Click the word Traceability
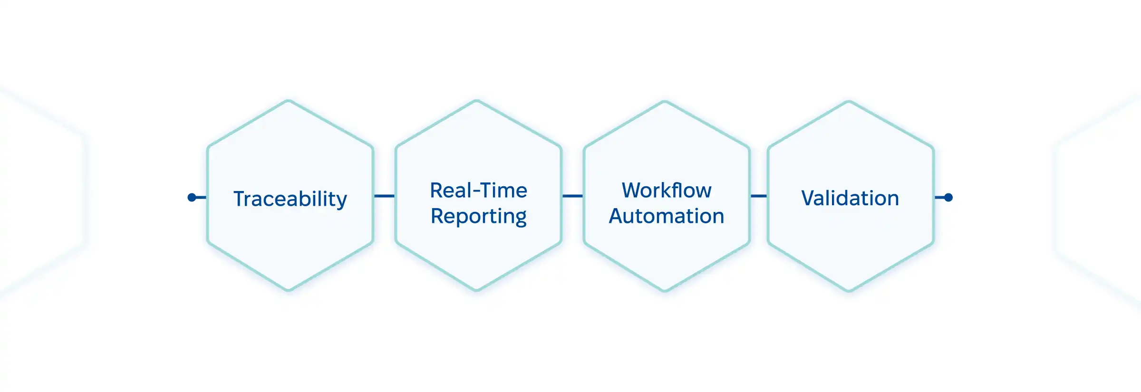290,199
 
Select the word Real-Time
478,190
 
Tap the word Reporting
478,216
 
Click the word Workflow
667,190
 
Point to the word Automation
667,216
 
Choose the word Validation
850,198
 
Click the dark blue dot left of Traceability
192,197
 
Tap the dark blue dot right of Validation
948,197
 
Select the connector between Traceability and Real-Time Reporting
384,196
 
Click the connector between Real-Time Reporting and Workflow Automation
572,196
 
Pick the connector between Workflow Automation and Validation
758,196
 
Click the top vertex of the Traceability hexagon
289,101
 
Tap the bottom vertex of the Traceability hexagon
289,290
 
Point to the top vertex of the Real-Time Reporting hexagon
477,101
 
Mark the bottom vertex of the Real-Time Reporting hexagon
477,290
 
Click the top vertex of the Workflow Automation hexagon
665,102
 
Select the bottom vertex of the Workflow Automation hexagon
665,290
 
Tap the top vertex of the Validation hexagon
849,102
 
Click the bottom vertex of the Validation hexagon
849,290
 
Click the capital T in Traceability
239,199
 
